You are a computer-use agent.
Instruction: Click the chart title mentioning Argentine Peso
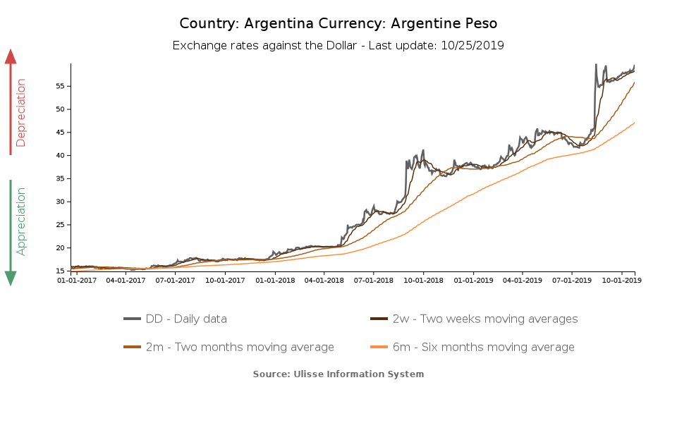pos(338,23)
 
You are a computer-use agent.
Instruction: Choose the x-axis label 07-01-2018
pos(373,280)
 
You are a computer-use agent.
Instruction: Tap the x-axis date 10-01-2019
pos(621,280)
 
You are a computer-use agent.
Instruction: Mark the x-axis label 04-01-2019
pos(522,280)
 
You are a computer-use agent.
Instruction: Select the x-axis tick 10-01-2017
pos(224,280)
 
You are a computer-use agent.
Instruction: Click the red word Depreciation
pos(21,113)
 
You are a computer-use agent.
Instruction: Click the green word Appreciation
pos(21,221)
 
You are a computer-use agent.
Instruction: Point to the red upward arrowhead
pos(11,56)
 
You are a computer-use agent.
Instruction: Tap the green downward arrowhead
pos(11,278)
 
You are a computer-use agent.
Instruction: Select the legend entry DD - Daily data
pos(186,319)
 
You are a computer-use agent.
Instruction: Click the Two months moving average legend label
pos(240,347)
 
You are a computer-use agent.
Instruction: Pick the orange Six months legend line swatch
pos(379,347)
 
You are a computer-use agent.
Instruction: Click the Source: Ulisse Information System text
pos(338,374)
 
